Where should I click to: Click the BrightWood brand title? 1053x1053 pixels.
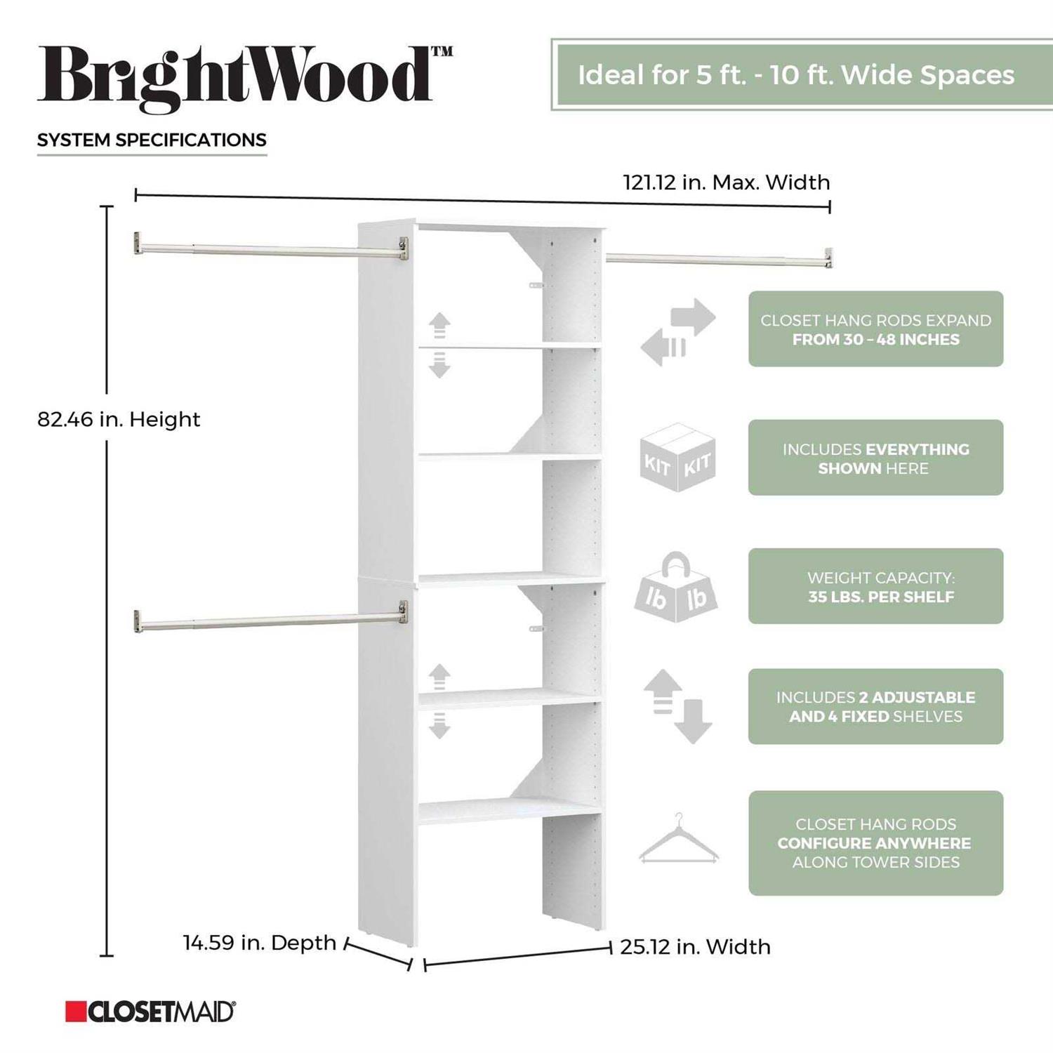(245, 79)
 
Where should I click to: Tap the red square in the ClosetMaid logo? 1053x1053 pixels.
(76, 1012)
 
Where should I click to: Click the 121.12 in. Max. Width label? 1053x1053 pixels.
(727, 183)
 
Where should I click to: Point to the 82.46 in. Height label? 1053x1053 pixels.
(119, 419)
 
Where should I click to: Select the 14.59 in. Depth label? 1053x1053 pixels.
(260, 942)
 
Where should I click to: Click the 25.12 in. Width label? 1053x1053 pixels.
(695, 947)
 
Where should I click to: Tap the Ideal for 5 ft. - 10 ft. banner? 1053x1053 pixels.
(802, 74)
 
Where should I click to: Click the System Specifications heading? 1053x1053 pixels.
(152, 140)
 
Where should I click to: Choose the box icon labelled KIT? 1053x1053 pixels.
(677, 457)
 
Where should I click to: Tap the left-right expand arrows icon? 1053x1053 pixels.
(678, 331)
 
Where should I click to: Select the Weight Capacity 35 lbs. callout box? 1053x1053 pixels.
(875, 586)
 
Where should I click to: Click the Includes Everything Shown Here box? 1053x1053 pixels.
(875, 458)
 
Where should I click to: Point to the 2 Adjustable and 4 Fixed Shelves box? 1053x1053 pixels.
(875, 706)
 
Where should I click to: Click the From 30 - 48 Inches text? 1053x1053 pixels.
(875, 340)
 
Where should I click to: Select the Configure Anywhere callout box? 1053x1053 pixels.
(875, 843)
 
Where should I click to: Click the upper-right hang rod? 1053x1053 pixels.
(720, 259)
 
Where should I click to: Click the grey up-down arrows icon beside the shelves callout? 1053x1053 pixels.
(677, 706)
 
